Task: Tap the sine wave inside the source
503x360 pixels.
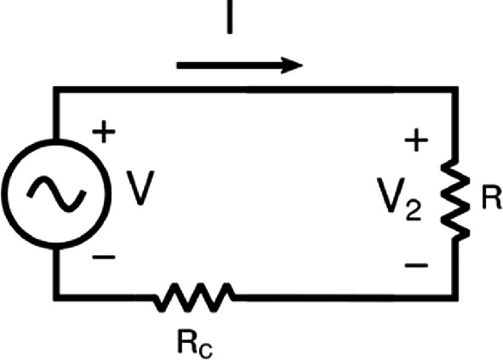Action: [56, 193]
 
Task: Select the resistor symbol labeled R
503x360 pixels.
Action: [455, 200]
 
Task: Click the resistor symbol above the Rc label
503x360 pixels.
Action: [194, 297]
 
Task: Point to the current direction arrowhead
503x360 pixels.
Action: [292, 66]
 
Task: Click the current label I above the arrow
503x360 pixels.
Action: [230, 17]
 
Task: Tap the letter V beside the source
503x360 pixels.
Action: [140, 188]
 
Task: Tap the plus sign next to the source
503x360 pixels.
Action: [104, 131]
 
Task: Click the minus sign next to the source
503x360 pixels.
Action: [104, 257]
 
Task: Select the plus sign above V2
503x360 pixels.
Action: [416, 140]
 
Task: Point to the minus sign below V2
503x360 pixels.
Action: [416, 265]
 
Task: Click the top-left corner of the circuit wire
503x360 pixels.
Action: [56, 89]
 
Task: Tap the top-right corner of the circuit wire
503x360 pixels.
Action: [455, 89]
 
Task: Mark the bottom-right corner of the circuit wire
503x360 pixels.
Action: [455, 297]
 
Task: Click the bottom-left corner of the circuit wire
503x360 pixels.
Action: [56, 297]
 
